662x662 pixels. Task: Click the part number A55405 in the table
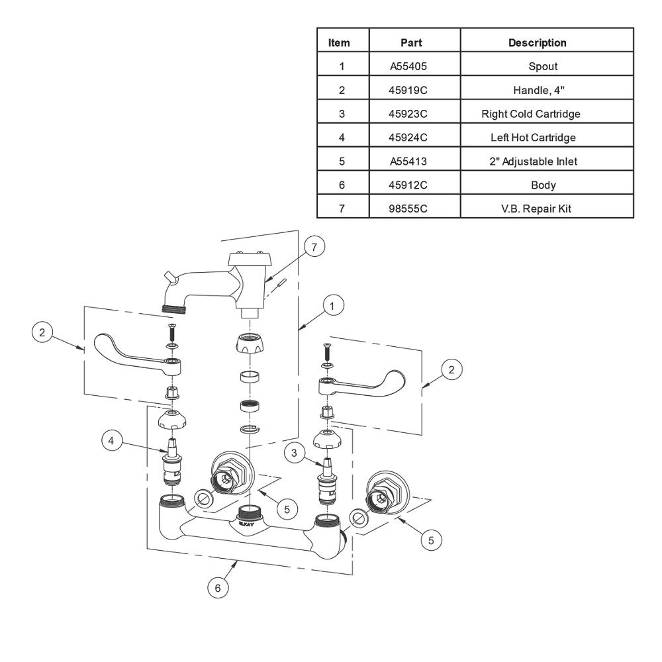coord(408,66)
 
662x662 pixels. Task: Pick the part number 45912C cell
coord(408,185)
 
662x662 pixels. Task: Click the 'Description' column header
coord(537,42)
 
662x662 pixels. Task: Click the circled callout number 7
coord(314,246)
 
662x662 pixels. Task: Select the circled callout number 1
coord(332,306)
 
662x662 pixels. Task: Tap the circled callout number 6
coord(218,588)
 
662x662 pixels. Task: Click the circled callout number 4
coord(111,441)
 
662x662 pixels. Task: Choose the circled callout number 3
coord(295,453)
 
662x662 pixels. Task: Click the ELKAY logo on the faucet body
coord(246,524)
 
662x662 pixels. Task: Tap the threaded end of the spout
coord(175,307)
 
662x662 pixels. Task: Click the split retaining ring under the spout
coord(250,429)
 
